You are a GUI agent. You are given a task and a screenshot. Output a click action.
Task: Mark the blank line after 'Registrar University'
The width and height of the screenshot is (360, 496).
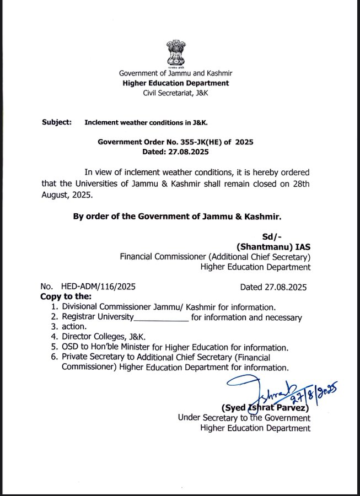click(x=162, y=319)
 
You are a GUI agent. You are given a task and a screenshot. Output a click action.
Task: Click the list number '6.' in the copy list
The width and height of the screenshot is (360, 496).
click(x=54, y=358)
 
